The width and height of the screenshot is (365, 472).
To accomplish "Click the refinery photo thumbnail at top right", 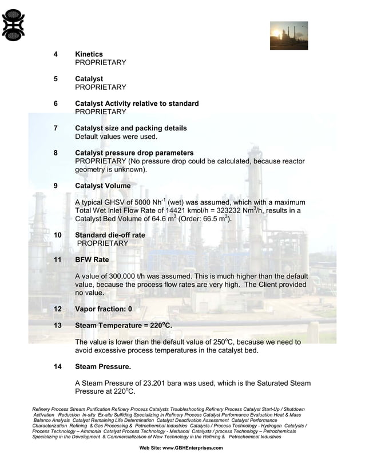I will coord(289,35).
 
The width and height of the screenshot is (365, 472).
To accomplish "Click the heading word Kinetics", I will coord(89,54).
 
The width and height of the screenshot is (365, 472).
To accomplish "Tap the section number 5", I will coord(55,79).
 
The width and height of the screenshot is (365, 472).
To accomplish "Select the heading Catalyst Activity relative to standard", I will coord(137,103).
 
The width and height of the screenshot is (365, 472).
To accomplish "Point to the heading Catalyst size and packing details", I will coord(130,128).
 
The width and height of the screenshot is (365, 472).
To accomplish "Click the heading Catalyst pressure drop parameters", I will coord(134,153).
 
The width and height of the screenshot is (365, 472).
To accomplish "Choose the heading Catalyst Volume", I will coord(102,186).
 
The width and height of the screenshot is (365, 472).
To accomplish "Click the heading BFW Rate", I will coord(92,259).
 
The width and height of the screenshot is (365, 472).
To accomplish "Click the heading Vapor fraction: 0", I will coord(103,309).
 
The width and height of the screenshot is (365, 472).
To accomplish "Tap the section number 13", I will coord(57,325).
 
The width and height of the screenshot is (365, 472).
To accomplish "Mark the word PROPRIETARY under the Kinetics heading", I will coord(100,62).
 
